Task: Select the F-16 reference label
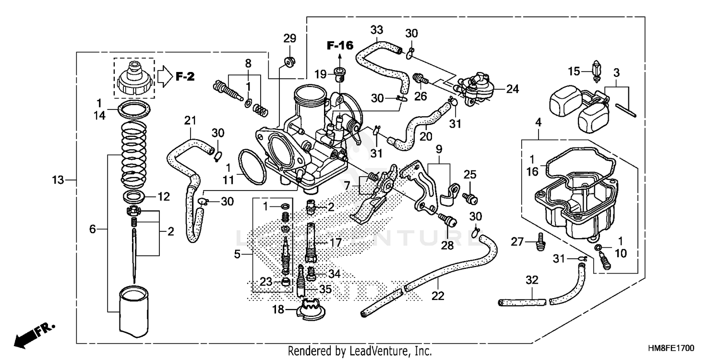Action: (340, 46)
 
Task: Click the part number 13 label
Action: (58, 180)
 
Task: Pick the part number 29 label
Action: (289, 38)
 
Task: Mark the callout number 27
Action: (516, 242)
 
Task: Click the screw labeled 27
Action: (540, 240)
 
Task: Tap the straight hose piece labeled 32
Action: (522, 303)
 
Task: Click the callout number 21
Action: (191, 120)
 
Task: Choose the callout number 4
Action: (538, 123)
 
